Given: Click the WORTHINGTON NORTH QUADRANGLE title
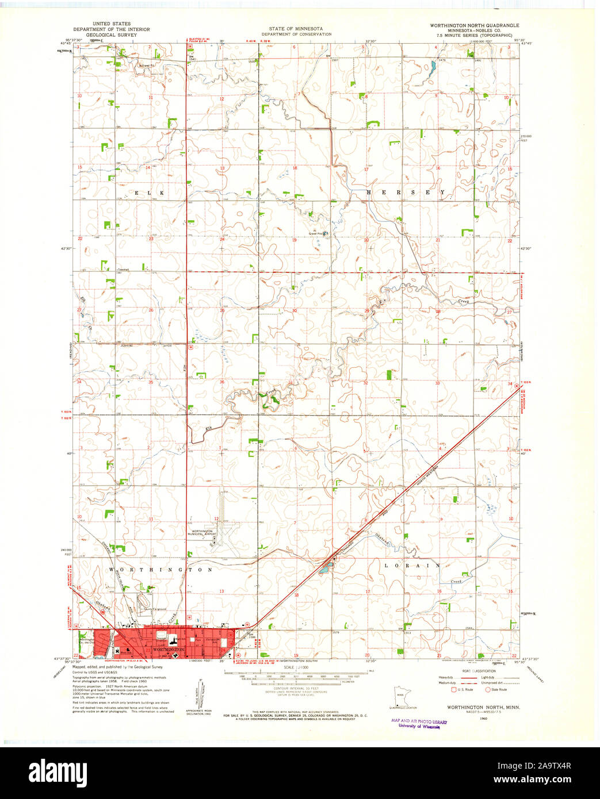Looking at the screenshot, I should click(x=475, y=26).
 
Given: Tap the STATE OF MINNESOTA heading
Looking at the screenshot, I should click(x=296, y=29).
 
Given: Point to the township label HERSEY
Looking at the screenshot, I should click(x=406, y=192).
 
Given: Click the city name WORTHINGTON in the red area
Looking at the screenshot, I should click(x=170, y=650).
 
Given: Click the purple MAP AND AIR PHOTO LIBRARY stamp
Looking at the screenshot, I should click(x=419, y=723).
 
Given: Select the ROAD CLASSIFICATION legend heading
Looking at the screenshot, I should click(x=475, y=671).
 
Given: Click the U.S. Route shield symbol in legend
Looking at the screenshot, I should click(x=453, y=689).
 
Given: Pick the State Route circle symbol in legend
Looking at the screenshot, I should click(x=488, y=689).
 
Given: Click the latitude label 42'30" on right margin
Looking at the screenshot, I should click(x=527, y=249).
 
